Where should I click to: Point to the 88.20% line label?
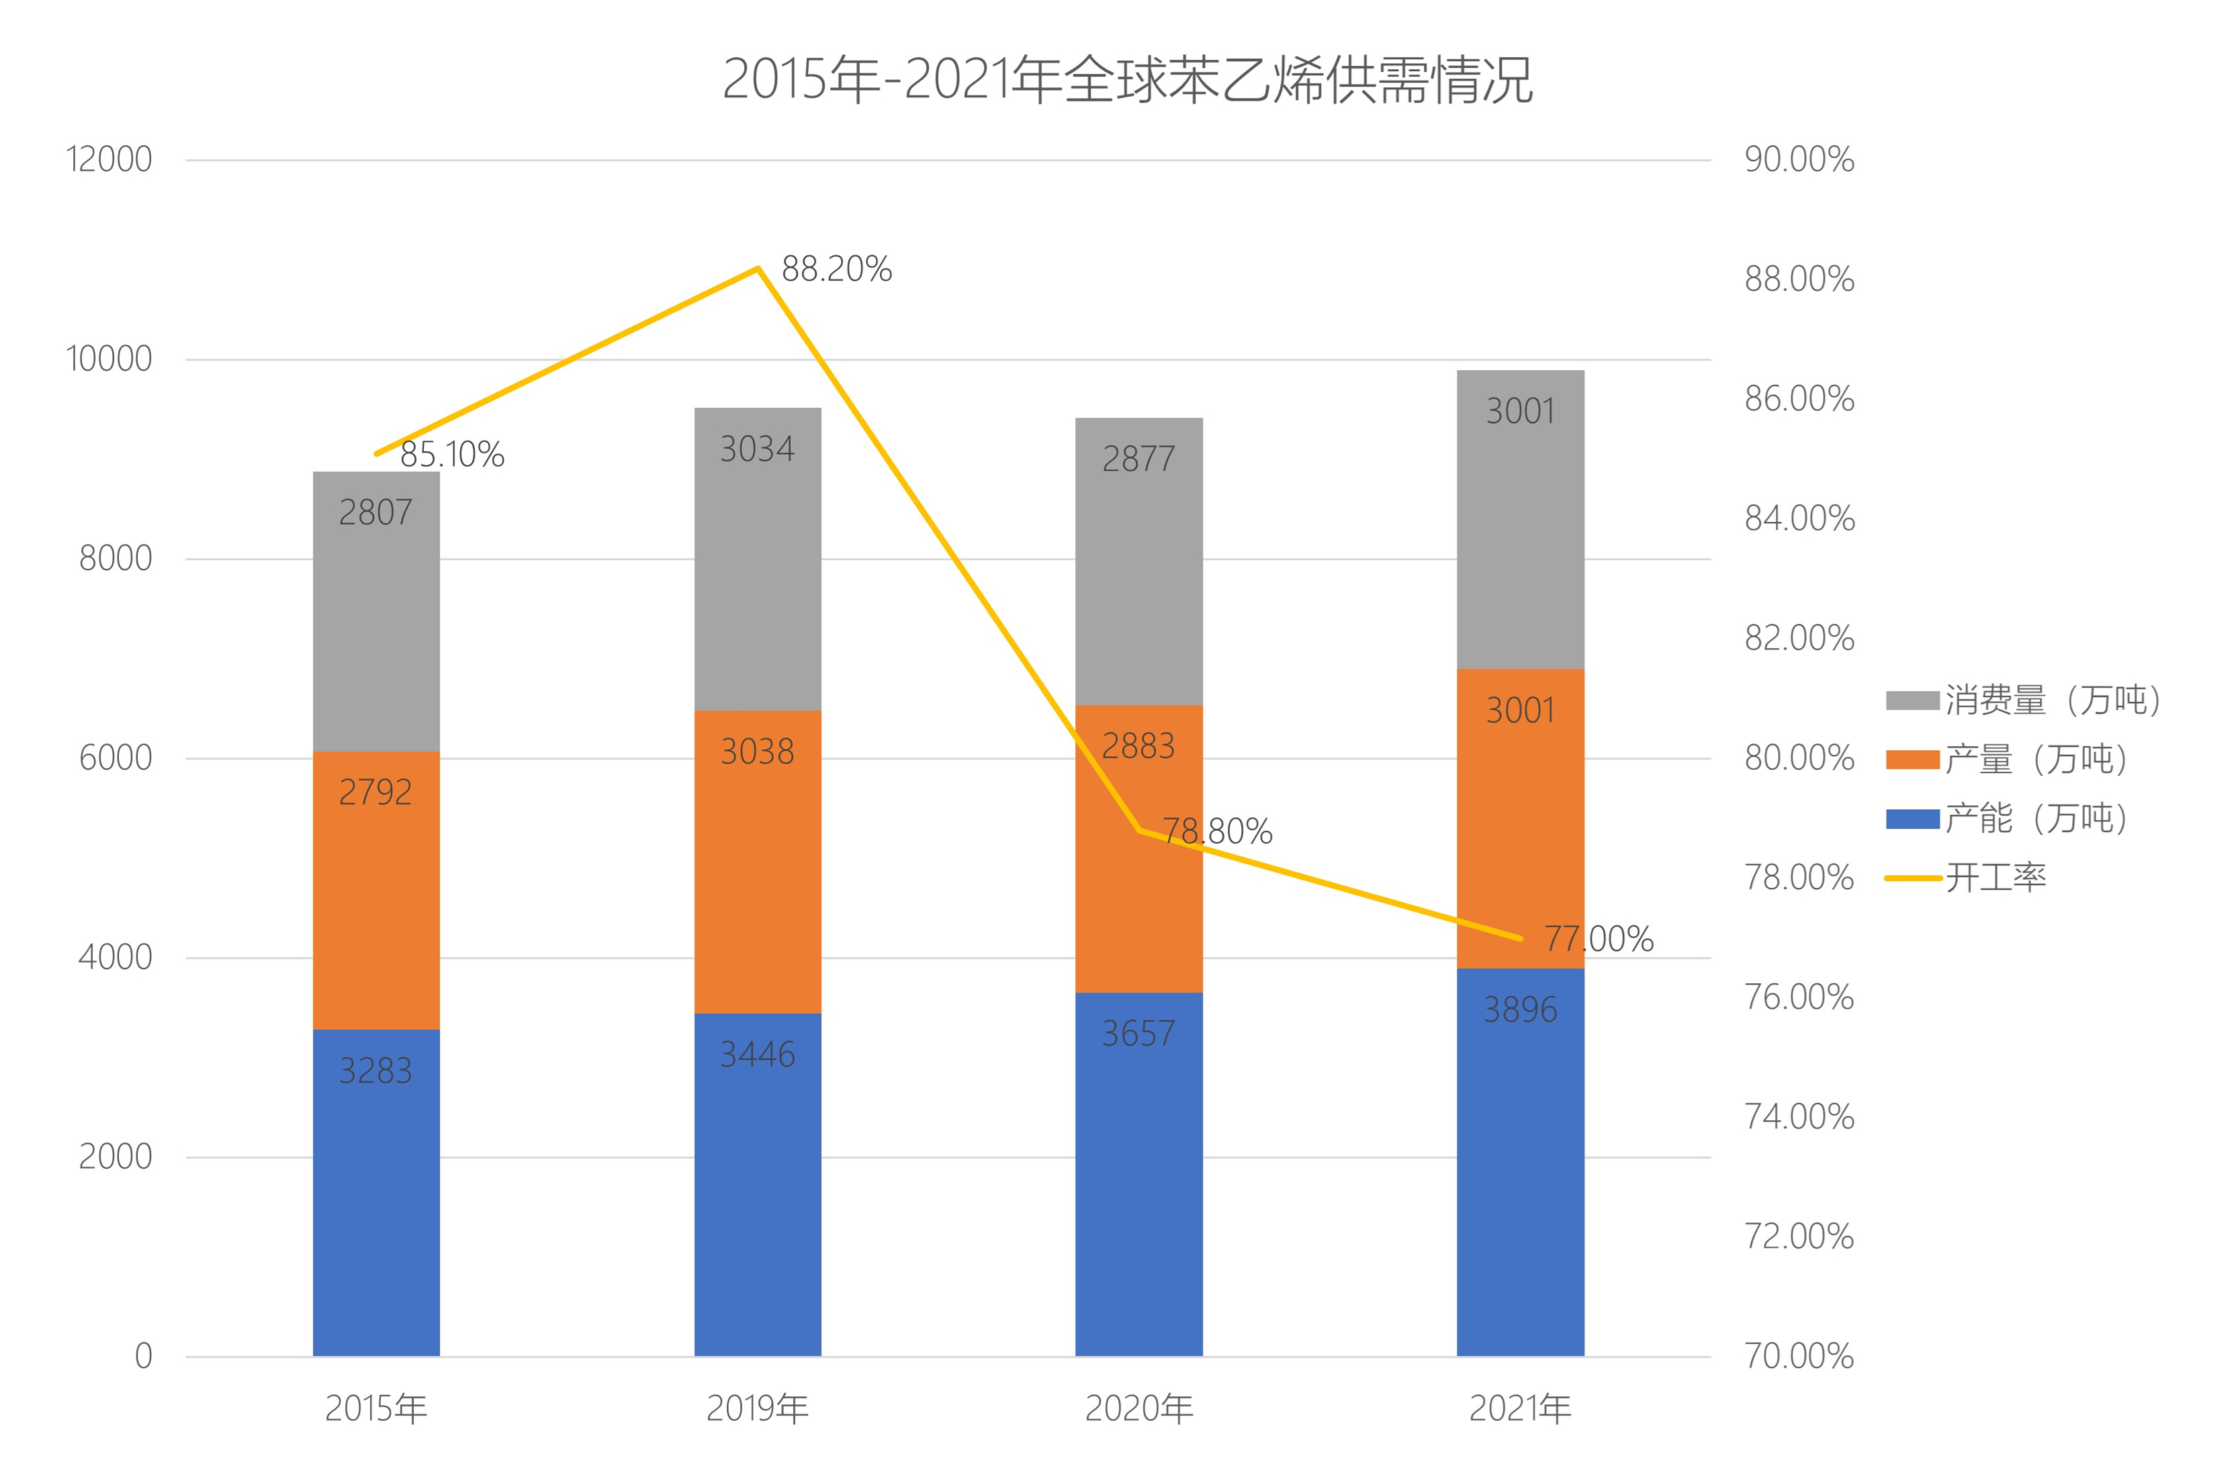(836, 270)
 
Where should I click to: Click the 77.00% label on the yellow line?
(1599, 939)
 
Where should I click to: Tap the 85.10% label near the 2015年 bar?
(452, 455)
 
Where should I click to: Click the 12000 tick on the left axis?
(109, 160)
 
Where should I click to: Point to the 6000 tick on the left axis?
(115, 758)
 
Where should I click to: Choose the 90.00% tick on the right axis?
(1799, 160)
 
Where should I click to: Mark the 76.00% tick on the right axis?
(1799, 997)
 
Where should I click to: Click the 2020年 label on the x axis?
(1138, 1408)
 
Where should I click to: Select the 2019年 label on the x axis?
(757, 1408)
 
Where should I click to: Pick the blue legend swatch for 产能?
(1912, 819)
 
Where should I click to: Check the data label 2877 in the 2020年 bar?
(1138, 459)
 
